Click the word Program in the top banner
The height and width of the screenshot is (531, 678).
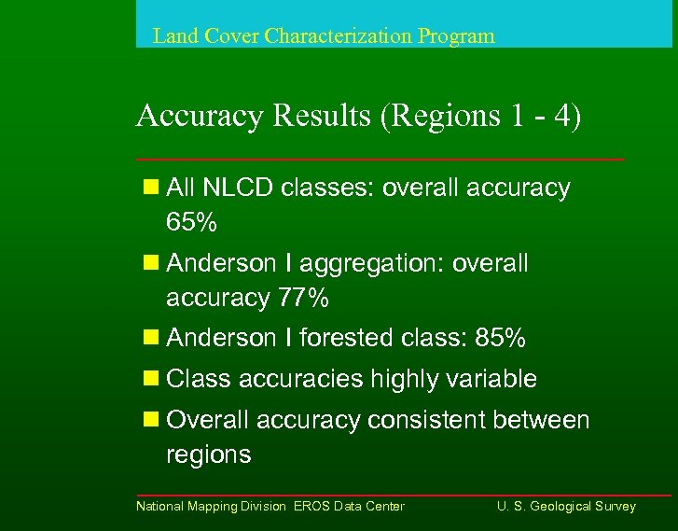[x=456, y=37]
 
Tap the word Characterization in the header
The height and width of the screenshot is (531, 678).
[x=338, y=36]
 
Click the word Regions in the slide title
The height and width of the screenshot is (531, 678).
[x=436, y=117]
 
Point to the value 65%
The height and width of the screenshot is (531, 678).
[x=191, y=222]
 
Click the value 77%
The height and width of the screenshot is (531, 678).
[x=303, y=298]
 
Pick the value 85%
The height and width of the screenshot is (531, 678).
[x=500, y=338]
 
